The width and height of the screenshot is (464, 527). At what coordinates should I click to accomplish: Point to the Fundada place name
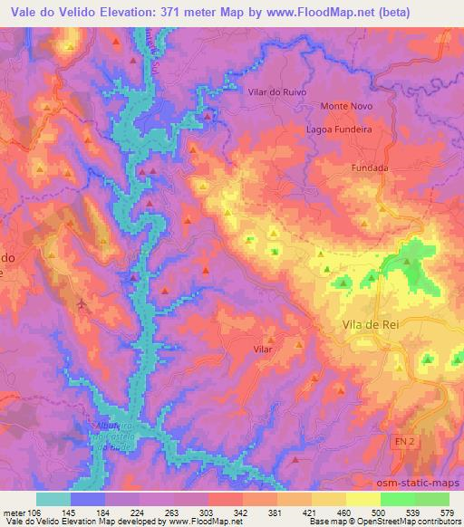370,168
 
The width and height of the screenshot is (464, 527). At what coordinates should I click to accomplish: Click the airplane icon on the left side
83,302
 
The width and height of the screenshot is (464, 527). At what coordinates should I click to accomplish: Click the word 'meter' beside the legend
14,513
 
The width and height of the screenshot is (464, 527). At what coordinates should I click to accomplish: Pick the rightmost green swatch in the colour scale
432,499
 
